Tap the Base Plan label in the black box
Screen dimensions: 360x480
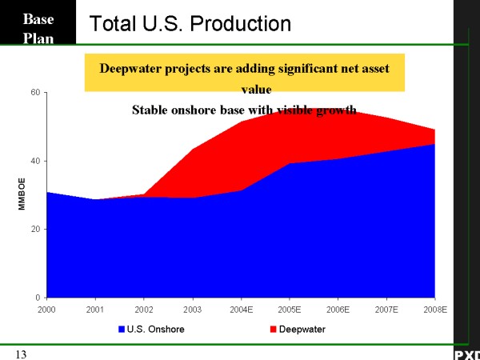[38, 29]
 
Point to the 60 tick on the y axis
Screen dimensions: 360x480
[35, 93]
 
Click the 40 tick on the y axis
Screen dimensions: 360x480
[35, 161]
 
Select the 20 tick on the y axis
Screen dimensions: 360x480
[35, 230]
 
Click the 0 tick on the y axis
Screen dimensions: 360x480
[38, 298]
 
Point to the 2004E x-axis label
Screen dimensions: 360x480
[242, 309]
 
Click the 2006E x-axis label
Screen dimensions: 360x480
[338, 309]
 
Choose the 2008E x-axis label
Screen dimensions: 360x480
[434, 309]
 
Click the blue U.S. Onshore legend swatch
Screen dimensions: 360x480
[122, 328]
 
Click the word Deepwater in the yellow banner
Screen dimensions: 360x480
[132, 68]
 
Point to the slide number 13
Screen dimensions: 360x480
[22, 353]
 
